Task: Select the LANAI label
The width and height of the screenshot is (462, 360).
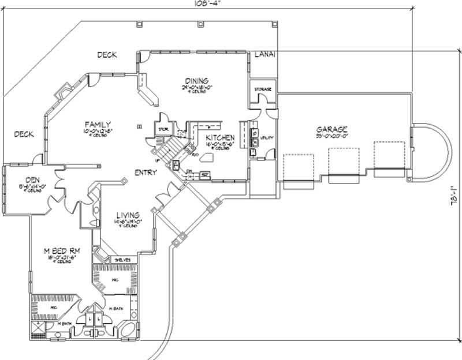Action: tap(264, 54)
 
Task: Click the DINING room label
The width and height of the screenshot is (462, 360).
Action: tap(196, 80)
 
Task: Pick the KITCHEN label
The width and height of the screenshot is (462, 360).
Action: tap(221, 138)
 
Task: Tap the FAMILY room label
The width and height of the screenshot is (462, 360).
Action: tap(98, 124)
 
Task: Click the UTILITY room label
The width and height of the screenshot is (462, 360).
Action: tap(267, 138)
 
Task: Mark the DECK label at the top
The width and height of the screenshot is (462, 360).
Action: tap(107, 55)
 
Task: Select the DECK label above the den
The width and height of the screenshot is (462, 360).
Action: tap(24, 134)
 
